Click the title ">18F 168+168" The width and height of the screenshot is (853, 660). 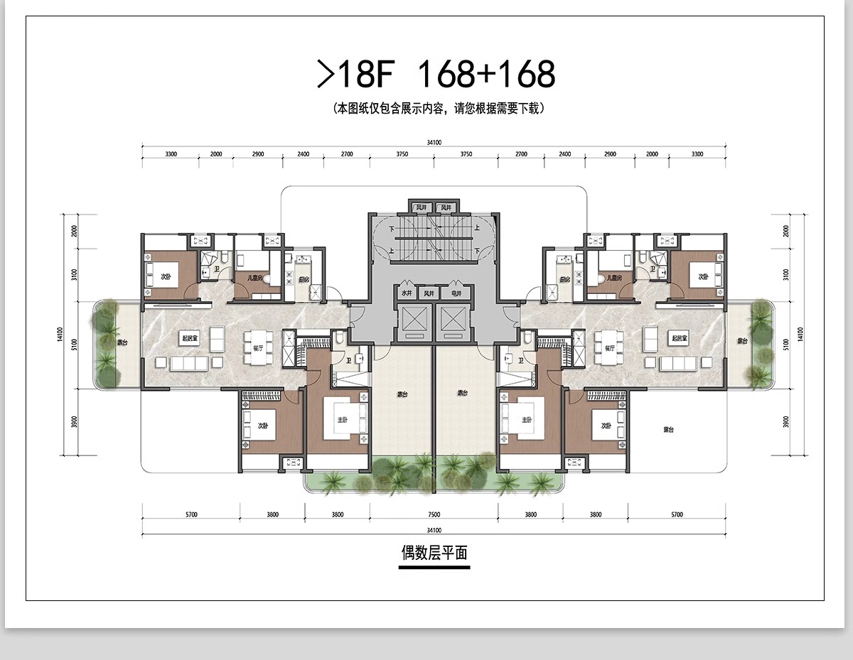point(435,73)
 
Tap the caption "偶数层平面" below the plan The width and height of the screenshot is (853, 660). point(434,553)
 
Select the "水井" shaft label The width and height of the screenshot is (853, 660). point(406,293)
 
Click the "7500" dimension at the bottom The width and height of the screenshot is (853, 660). point(434,515)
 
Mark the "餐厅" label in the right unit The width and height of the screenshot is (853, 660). point(609,349)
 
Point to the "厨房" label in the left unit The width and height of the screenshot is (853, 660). point(304,280)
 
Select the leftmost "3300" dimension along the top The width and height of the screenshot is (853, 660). point(171,154)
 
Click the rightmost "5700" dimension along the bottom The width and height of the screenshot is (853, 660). point(676,515)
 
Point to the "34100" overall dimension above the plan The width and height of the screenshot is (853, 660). point(434,143)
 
